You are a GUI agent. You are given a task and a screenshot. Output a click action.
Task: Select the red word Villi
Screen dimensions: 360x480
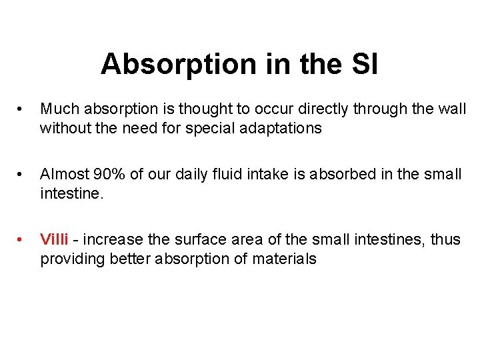click(x=54, y=239)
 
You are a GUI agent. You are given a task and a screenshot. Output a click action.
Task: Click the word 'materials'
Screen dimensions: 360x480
click(x=284, y=259)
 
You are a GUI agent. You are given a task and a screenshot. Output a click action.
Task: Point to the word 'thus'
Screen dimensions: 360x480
click(x=445, y=239)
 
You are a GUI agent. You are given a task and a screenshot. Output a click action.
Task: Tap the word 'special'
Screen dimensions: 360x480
click(x=219, y=128)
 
